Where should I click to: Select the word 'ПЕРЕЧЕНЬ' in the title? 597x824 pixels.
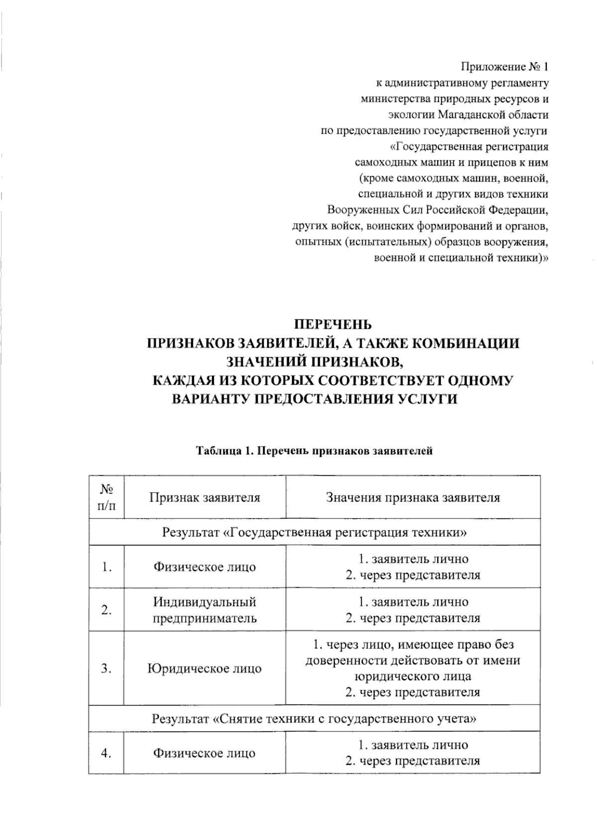333,325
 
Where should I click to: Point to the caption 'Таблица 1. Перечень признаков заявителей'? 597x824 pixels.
314,451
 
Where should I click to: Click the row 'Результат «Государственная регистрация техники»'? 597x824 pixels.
314,532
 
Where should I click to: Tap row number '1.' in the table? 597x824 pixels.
106,567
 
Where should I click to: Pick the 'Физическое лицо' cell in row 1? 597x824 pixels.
205,567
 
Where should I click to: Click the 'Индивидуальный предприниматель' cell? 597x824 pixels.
205,610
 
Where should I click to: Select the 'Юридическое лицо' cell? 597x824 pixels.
205,668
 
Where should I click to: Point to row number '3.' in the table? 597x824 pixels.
106,668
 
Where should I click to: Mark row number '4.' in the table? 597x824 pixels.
106,753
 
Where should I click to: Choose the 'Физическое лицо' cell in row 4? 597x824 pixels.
205,753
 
